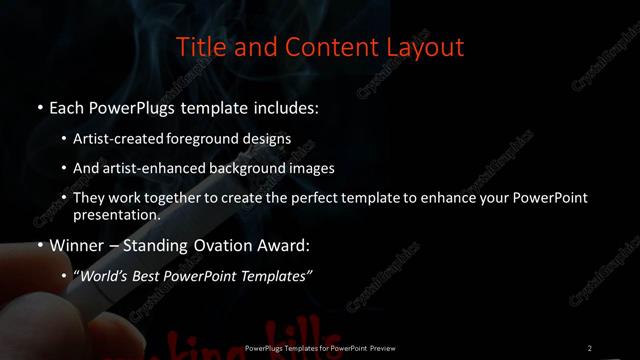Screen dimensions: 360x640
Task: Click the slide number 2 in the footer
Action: click(590, 347)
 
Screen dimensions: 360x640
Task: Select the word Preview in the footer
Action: click(381, 347)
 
